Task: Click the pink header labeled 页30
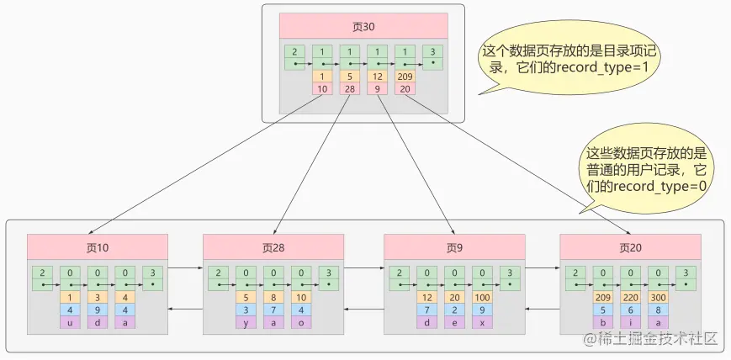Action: (x=363, y=26)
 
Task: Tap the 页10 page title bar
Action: (x=98, y=247)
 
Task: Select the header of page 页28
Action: (x=273, y=247)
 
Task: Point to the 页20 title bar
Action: (x=630, y=247)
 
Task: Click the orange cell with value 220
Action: (x=630, y=297)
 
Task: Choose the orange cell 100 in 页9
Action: (x=481, y=297)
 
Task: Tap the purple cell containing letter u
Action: (x=71, y=322)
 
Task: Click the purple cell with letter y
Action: (x=246, y=322)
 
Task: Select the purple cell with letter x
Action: (x=481, y=322)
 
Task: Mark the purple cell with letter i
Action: (x=630, y=322)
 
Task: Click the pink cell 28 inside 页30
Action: (x=350, y=88)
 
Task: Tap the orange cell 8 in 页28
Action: (x=273, y=297)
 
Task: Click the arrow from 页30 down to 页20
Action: (x=522, y=168)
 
